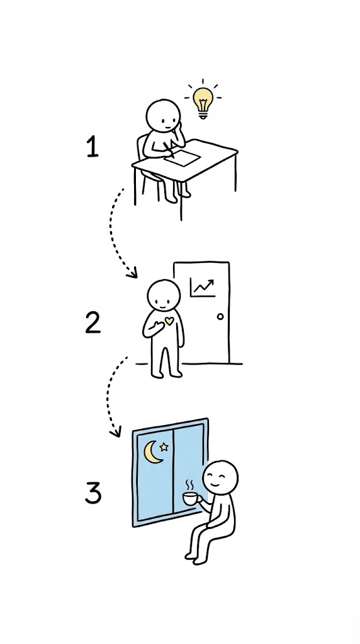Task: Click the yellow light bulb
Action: tap(203, 103)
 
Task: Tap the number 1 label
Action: tap(93, 148)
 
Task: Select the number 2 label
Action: tap(93, 323)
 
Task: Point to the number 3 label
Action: tap(93, 493)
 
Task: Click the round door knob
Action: tap(220, 316)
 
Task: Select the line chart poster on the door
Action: tap(203, 287)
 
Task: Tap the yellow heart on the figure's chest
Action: tap(169, 321)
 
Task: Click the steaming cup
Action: tap(191, 499)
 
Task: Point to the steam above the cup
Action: tap(190, 485)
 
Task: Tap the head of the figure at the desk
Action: tap(163, 116)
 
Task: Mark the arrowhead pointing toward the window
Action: tap(116, 431)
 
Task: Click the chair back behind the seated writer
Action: tap(140, 147)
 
